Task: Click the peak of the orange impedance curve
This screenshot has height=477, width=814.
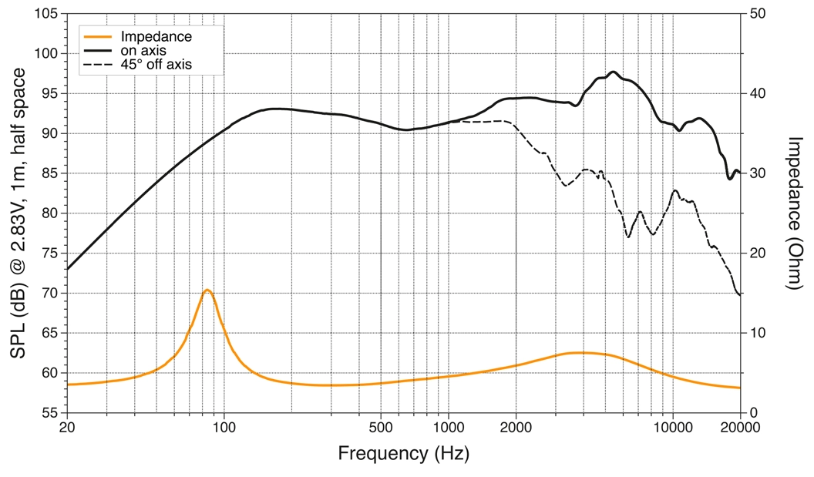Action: (x=207, y=290)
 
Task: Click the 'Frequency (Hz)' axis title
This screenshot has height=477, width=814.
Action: (x=403, y=453)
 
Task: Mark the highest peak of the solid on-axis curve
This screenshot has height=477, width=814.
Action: (x=614, y=72)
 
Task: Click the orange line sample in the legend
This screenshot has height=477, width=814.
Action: (x=99, y=36)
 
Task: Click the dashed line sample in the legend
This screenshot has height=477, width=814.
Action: (x=99, y=66)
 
